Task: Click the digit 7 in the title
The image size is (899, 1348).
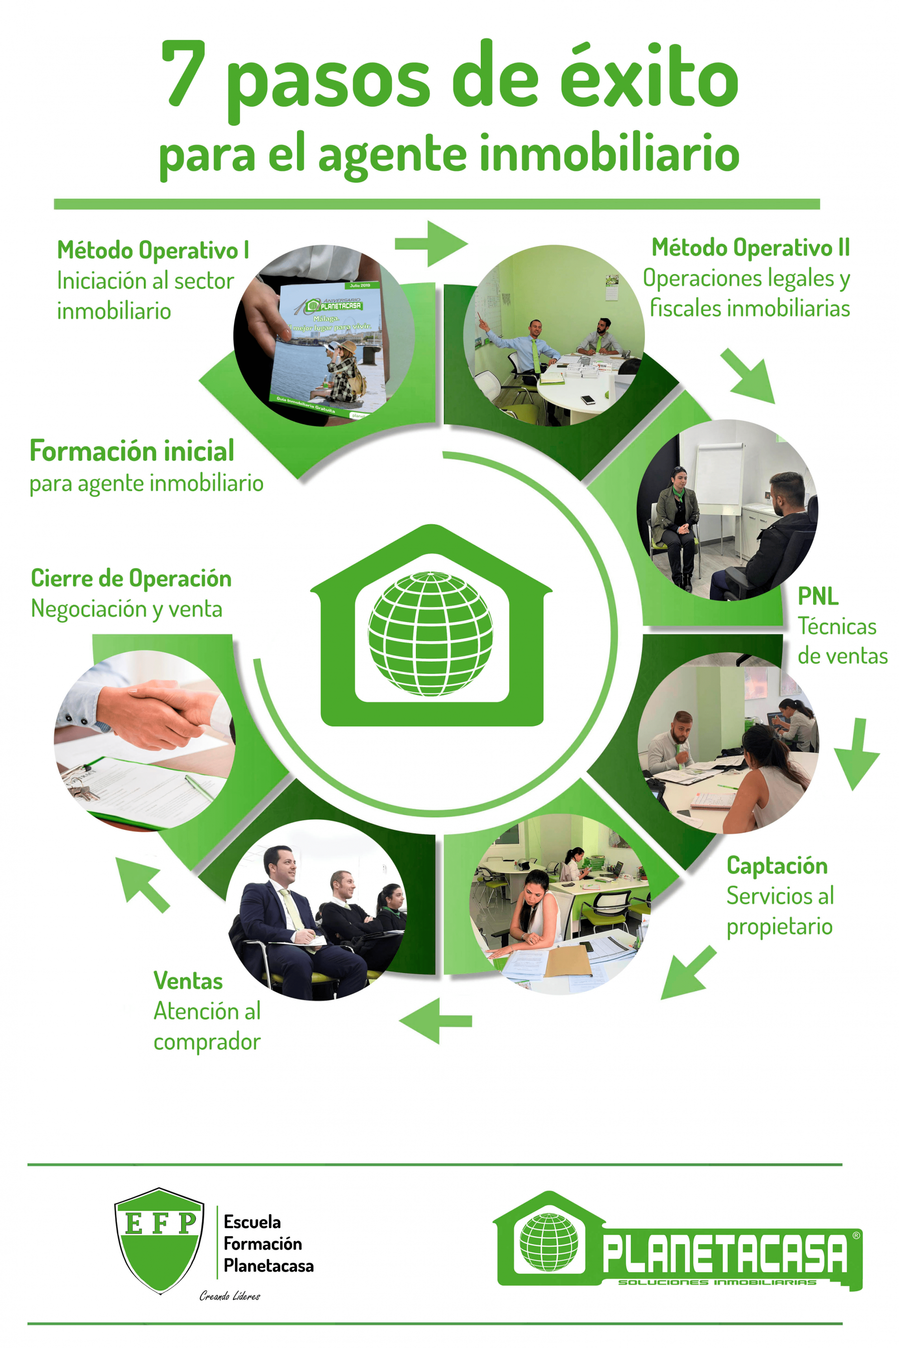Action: click(x=182, y=74)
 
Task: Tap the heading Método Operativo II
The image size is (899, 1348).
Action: click(x=751, y=248)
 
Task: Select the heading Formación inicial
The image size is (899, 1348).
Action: click(x=132, y=451)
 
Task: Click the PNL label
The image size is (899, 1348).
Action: click(x=818, y=596)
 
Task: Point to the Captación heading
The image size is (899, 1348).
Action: click(x=777, y=866)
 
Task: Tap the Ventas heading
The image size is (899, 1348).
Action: click(x=188, y=981)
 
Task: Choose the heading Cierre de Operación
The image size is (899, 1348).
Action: click(x=131, y=578)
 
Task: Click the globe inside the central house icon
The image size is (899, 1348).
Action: click(x=430, y=633)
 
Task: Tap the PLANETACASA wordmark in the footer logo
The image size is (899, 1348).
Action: click(x=725, y=1255)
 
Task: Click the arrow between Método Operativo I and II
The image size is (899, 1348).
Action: click(x=431, y=244)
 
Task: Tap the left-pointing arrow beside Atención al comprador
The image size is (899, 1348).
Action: click(x=435, y=1020)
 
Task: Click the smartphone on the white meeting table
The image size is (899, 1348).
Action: click(x=587, y=399)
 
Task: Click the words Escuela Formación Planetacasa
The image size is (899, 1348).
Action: click(x=268, y=1244)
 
